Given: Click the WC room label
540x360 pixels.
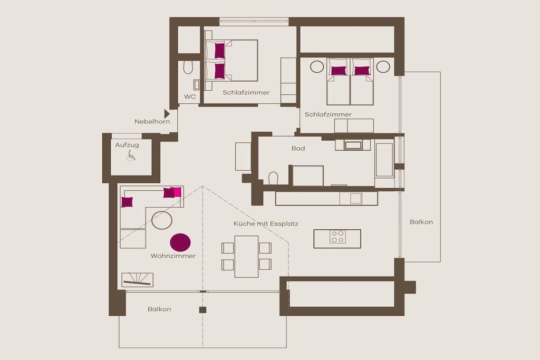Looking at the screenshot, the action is coord(190,96).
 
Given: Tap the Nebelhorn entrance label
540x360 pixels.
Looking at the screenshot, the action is coord(152,121).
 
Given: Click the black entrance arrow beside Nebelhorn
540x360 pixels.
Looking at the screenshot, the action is coord(167,113).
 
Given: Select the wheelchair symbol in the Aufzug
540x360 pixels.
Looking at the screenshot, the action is coord(131,155).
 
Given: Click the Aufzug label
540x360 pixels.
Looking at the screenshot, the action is coord(127,145).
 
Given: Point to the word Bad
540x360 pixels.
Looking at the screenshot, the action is coord(298,148).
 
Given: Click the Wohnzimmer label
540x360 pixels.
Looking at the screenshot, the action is coord(173,256).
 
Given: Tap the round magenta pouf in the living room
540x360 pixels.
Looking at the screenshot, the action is coord(180,242).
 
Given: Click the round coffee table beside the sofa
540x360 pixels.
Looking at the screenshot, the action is coord(162,220).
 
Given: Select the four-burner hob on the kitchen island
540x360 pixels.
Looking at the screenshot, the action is coord(337,237).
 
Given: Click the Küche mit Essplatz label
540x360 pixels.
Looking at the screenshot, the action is coord(266,223).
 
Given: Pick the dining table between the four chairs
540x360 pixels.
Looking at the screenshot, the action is coord(247,256).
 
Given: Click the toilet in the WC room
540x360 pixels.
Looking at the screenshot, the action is coord(188,68).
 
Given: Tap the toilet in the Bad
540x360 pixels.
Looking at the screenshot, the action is coord(273,178).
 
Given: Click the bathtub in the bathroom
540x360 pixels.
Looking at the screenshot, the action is coord(384,160).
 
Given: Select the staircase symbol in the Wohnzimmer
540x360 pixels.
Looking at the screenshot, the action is coord(137,280).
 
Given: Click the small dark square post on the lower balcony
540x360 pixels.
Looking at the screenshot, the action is coord(203,310).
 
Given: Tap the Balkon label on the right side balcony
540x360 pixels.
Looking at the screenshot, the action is coord(421,222).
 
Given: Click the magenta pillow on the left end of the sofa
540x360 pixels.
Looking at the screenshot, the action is coord(127,202).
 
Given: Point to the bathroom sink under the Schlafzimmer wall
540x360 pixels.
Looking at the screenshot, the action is coord(353,145).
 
